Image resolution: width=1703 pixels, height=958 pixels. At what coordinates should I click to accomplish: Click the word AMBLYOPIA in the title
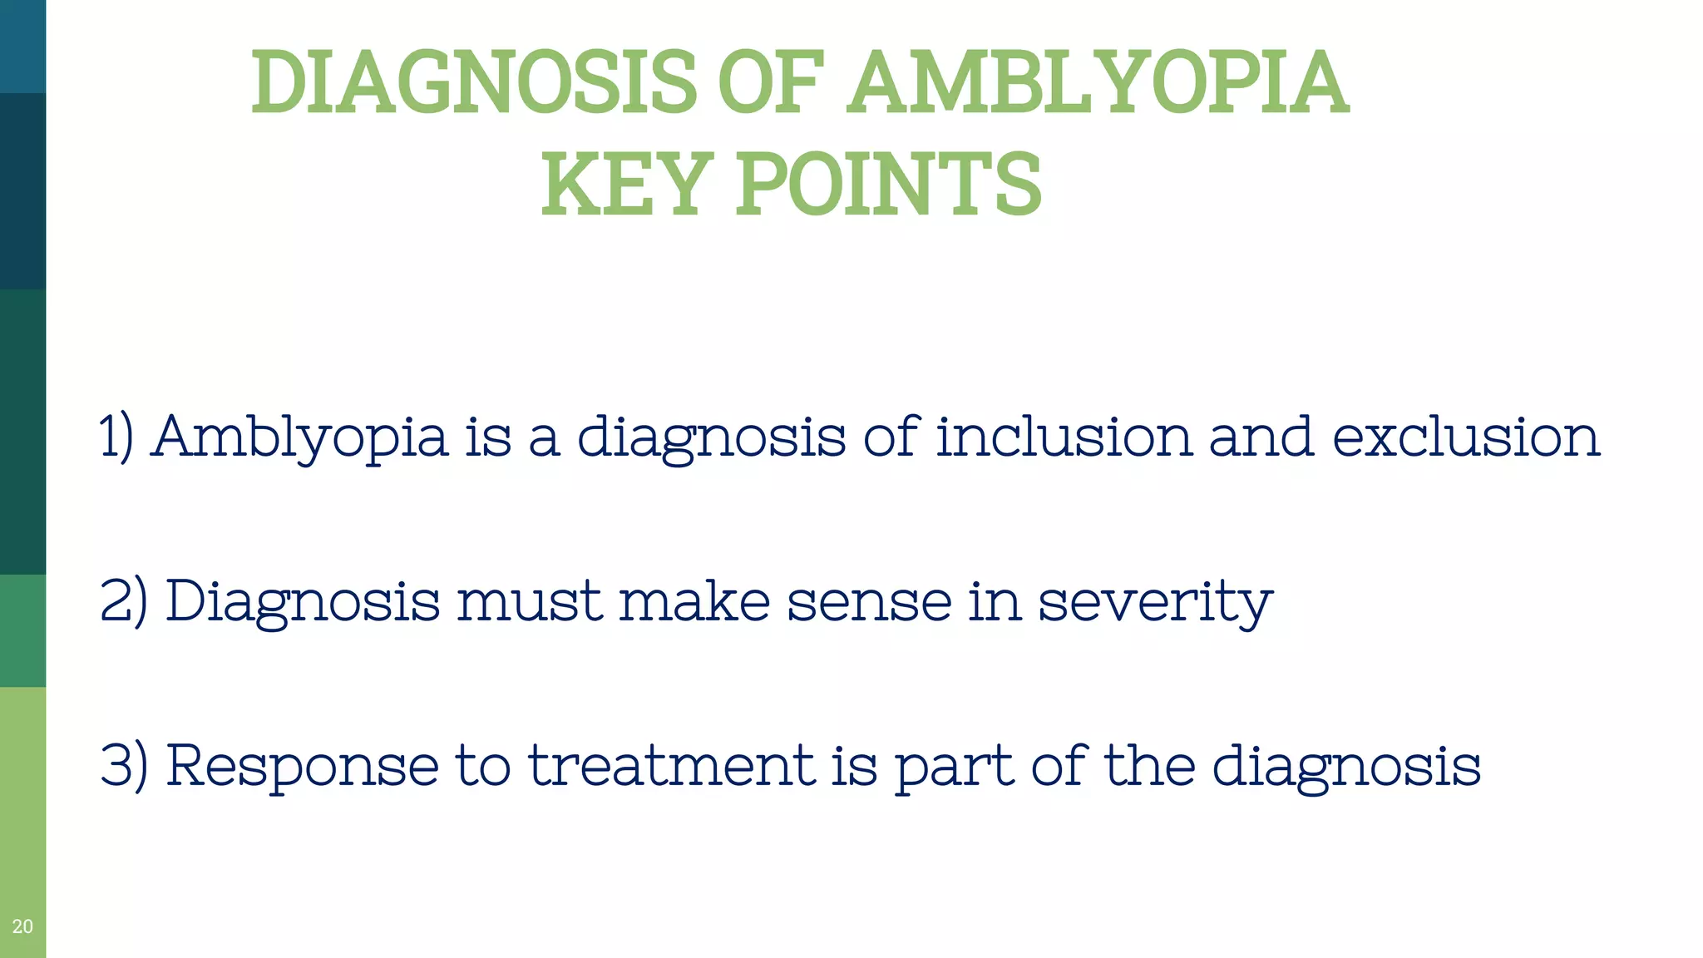1098,82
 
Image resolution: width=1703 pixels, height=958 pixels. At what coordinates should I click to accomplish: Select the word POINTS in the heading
888,184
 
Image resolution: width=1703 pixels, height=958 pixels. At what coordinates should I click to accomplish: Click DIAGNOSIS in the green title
473,82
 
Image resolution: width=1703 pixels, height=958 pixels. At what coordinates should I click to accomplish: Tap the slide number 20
22,926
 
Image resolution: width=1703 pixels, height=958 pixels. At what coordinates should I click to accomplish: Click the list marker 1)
116,437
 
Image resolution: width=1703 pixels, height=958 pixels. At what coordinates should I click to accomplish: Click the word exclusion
1467,436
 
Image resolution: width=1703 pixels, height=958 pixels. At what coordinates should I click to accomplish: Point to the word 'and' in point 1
1261,436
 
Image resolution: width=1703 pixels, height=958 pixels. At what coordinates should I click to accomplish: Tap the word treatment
672,765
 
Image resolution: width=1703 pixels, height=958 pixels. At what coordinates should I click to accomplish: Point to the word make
695,600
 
